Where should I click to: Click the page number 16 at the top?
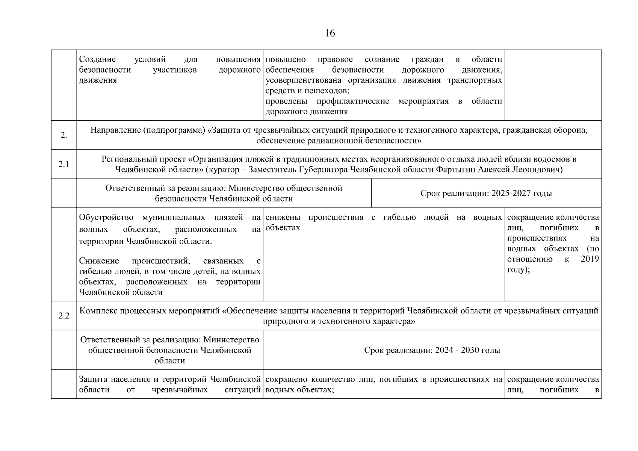[x=330, y=33]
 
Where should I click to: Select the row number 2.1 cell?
[x=63, y=164]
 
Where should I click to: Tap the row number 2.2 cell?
[x=63, y=316]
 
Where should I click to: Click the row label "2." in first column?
[x=63, y=136]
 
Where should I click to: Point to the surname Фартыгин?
[x=456, y=170]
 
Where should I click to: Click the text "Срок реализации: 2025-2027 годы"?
[x=486, y=193]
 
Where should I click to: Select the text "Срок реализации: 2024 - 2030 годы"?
[x=432, y=350]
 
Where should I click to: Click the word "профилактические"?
[x=352, y=101]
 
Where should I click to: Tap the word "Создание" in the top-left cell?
[x=97, y=59]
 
